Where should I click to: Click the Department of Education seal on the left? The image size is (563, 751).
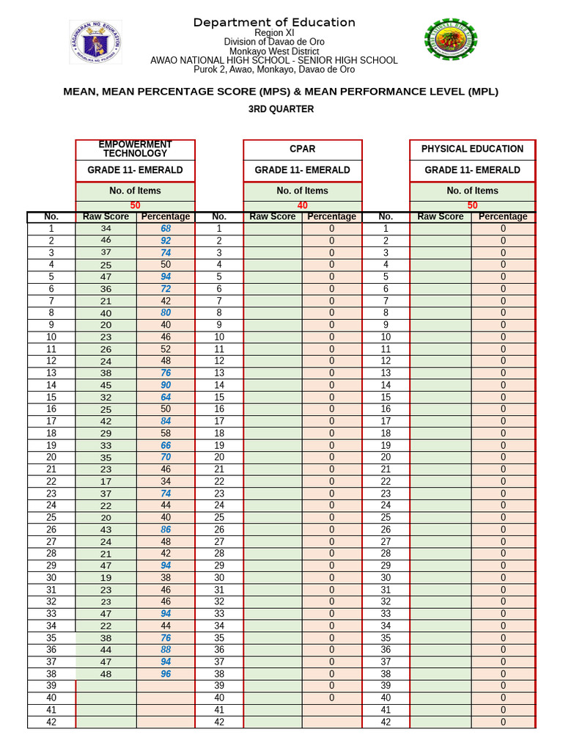point(95,42)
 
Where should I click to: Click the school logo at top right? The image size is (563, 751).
point(450,40)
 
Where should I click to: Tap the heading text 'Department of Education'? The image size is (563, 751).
point(274,23)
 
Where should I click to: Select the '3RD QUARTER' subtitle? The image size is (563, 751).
point(281,109)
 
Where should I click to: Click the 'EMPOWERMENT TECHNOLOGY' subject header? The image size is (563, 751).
point(135,149)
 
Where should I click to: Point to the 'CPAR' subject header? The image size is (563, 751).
point(302,149)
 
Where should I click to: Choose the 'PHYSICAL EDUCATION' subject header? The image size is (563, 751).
point(472,149)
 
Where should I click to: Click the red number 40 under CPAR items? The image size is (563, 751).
point(302,206)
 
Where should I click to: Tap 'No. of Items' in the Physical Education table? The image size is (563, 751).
point(472,191)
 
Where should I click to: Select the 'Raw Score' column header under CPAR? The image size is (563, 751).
point(273,216)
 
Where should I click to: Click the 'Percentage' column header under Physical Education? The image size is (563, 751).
point(503,216)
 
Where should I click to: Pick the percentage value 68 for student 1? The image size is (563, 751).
point(166,229)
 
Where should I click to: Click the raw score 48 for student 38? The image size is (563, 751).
point(106,674)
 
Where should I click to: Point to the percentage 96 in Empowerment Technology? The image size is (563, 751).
point(166,674)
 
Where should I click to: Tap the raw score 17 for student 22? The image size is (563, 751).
point(106,482)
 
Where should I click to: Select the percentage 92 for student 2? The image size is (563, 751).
point(166,241)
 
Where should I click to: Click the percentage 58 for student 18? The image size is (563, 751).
point(166,433)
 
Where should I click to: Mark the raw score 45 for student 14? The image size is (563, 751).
point(106,385)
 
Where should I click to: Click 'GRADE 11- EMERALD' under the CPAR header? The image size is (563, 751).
point(302,170)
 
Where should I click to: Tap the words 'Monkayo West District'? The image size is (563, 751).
point(274,51)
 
